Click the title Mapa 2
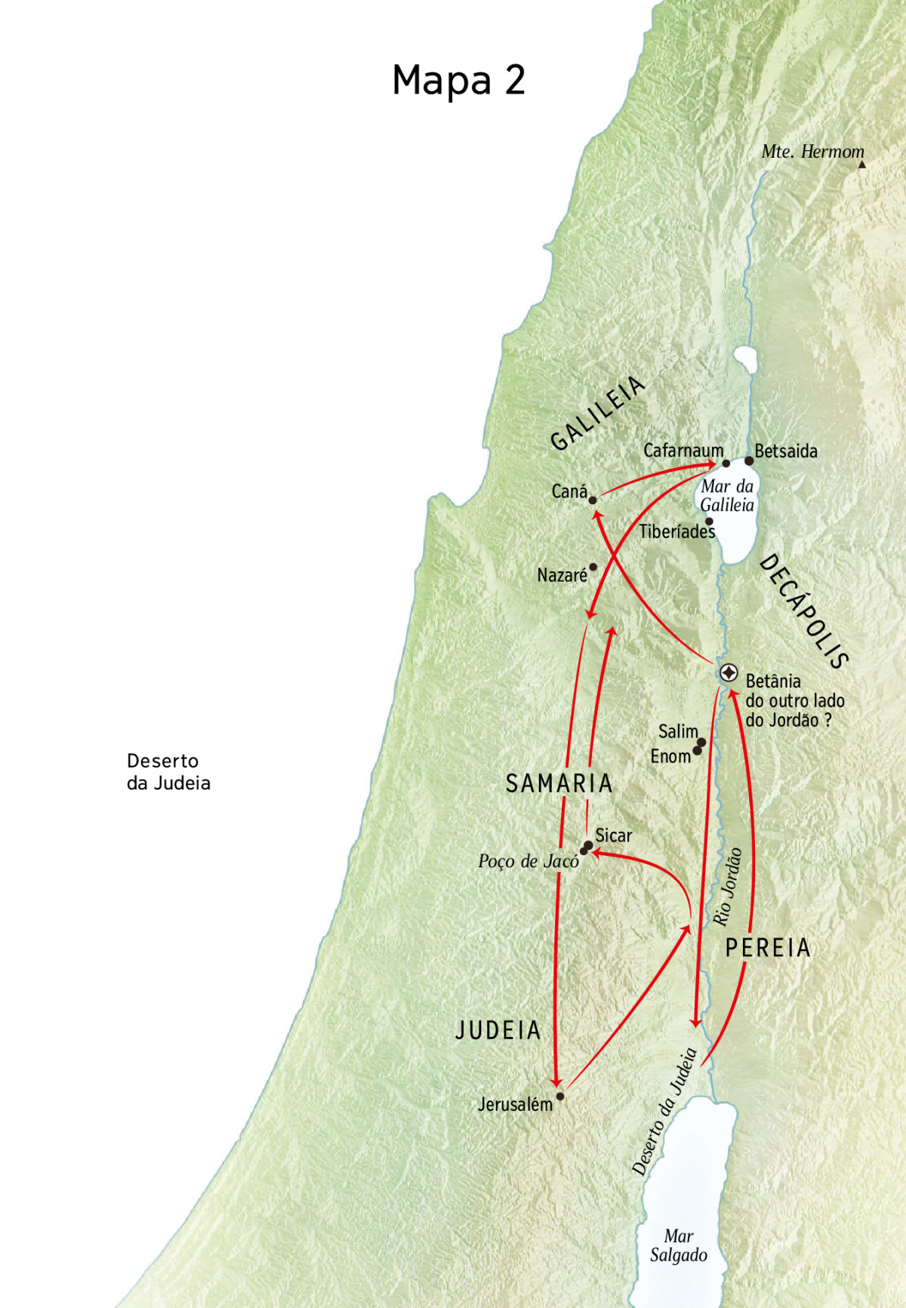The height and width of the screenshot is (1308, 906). [458, 80]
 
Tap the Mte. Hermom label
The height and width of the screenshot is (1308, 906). [812, 152]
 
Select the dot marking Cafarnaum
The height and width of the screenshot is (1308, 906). [726, 463]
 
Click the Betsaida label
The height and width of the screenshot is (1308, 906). [786, 451]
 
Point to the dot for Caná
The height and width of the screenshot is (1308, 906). [593, 500]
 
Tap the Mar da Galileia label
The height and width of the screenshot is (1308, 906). [726, 496]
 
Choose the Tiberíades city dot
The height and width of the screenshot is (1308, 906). [709, 522]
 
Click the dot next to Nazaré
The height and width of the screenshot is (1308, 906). [593, 567]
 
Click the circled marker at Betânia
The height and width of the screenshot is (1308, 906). [729, 672]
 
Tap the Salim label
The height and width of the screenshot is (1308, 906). [677, 731]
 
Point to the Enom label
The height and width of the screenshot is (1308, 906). [670, 756]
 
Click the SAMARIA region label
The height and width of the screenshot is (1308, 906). [559, 783]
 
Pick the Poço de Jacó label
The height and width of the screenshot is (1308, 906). [528, 861]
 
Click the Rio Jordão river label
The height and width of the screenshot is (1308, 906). [728, 887]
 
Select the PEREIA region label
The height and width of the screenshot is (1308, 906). [768, 948]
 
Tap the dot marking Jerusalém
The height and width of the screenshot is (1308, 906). [560, 1097]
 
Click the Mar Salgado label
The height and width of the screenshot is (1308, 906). [678, 1245]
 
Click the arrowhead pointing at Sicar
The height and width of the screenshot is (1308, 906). [596, 853]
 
